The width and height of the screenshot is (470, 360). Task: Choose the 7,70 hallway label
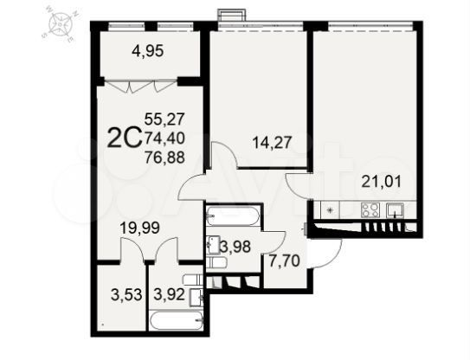click(279, 260)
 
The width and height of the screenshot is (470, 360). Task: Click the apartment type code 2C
click(121, 136)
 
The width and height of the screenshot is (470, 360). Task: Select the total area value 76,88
click(165, 157)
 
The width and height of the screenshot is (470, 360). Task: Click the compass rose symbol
click(58, 27)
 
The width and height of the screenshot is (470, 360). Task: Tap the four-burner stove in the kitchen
click(370, 209)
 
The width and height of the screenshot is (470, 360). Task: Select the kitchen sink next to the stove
click(398, 209)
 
